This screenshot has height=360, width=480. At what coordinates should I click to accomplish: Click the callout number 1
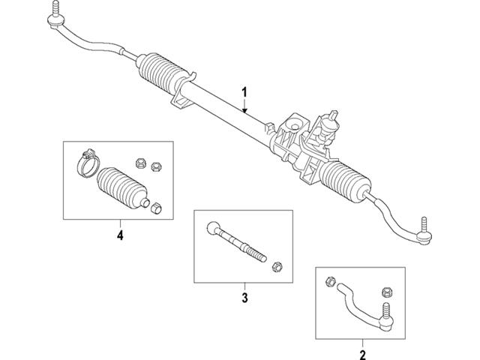pos(244,92)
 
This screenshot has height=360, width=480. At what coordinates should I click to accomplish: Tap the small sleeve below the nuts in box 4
pos(157,206)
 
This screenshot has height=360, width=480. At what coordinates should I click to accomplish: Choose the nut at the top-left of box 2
pos(331,283)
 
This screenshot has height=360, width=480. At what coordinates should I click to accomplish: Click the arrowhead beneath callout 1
pos(244,110)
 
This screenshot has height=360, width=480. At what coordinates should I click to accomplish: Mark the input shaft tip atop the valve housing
pos(331,115)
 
